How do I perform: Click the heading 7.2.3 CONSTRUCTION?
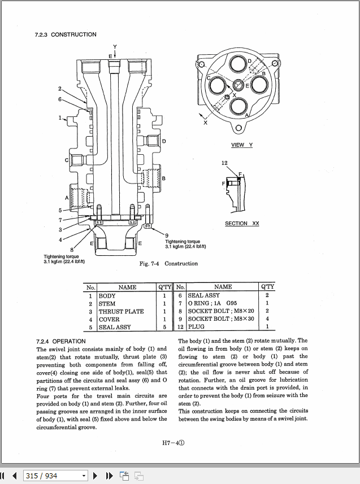coord(66,34)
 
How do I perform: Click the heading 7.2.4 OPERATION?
coord(60,341)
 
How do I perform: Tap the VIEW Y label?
coord(242,145)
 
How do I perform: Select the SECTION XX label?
coord(242,224)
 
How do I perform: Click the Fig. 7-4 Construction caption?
coord(168,264)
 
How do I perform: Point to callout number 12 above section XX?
coord(224,163)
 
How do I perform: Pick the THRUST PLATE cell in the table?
coord(121,311)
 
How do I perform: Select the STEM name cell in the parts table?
coord(107,303)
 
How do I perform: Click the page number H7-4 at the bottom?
coord(173,443)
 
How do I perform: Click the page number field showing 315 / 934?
coord(55,476)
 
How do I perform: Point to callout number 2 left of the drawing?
coord(60,89)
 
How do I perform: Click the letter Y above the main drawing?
coord(115,46)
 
